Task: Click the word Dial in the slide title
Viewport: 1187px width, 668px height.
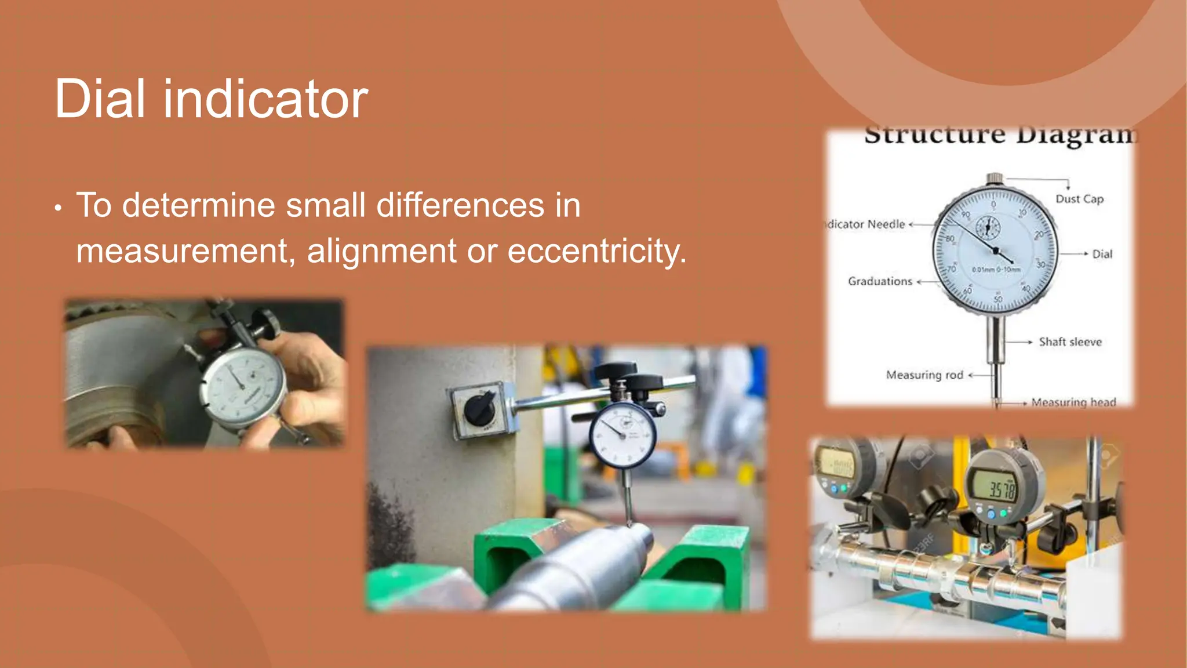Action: [99, 99]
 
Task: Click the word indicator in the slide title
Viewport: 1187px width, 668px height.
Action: [265, 99]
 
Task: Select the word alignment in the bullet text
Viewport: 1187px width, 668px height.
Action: [381, 251]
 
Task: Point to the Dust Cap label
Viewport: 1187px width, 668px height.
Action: [1079, 199]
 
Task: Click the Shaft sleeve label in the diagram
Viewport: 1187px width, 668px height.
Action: [1070, 342]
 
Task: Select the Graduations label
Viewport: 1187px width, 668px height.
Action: [880, 281]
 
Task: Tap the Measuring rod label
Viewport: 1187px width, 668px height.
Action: [924, 375]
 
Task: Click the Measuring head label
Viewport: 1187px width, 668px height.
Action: [1073, 402]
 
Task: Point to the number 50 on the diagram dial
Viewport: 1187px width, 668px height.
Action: [998, 299]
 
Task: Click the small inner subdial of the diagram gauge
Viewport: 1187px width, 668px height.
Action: [988, 227]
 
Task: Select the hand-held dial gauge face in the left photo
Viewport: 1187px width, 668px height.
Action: [243, 386]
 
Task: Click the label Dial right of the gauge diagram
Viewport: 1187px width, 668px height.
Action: [1102, 254]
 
